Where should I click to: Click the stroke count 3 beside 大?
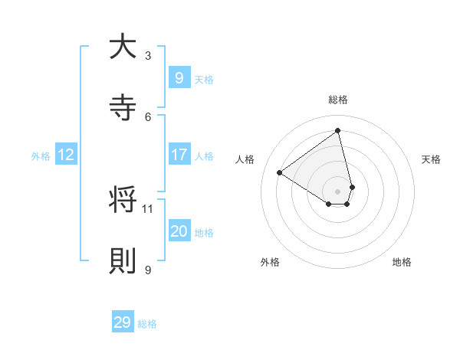coord(148,55)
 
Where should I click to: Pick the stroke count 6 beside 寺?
coord(148,116)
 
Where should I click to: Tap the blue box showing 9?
coord(179,78)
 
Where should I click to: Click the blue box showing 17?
coord(179,155)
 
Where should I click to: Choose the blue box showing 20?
coord(179,231)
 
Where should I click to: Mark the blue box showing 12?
coord(65,155)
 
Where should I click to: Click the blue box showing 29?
coord(123,322)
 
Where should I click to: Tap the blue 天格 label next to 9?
coord(203,80)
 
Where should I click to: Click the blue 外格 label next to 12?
coord(41,156)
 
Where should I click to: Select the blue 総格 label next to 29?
coord(147,324)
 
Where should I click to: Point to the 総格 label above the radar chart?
coord(337,100)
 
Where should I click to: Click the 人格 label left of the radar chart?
coord(245,159)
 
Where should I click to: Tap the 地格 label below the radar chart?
coord(402,262)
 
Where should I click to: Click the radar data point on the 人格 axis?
coord(280,173)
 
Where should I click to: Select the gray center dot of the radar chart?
coord(337,191)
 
